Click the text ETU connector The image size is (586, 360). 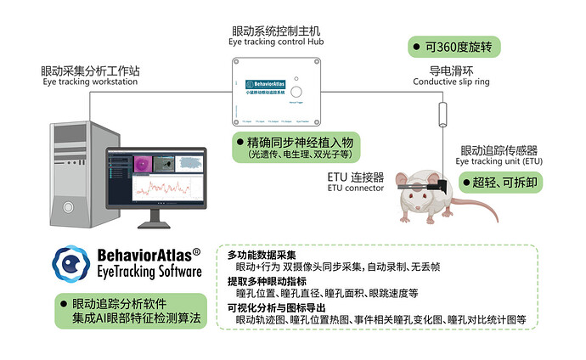click(x=355, y=188)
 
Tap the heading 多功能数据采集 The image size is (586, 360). click(x=262, y=255)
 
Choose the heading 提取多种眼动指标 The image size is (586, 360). click(x=267, y=280)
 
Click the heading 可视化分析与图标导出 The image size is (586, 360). click(x=278, y=307)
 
